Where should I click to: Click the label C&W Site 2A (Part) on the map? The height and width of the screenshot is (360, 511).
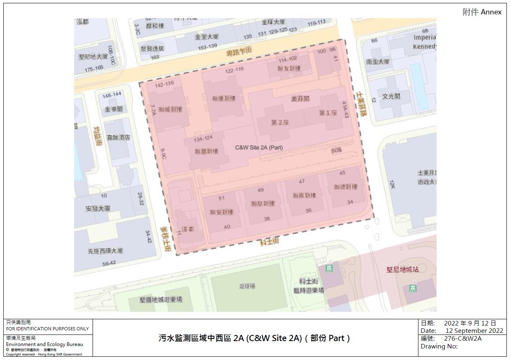pyautogui.click(x=259, y=147)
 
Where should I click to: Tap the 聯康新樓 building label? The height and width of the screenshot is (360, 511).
pyautogui.click(x=224, y=98)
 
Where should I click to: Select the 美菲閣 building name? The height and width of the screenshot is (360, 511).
pyautogui.click(x=300, y=99)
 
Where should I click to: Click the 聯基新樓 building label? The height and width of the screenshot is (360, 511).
pyautogui.click(x=207, y=151)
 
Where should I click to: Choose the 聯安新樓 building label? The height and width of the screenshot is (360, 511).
pyautogui.click(x=221, y=212)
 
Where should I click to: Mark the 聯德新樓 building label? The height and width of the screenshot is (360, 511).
pyautogui.click(x=346, y=187)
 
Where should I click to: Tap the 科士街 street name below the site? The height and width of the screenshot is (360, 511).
pyautogui.click(x=269, y=242)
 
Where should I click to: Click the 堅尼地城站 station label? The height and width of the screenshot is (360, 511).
pyautogui.click(x=402, y=269)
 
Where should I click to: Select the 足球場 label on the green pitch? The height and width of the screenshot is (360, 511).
pyautogui.click(x=247, y=286)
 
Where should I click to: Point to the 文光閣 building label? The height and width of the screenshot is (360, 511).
pyautogui.click(x=391, y=96)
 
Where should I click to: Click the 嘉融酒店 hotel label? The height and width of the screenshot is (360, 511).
pyautogui.click(x=118, y=137)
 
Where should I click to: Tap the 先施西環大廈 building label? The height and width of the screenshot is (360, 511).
pyautogui.click(x=105, y=251)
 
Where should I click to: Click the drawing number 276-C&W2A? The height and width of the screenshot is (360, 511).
pyautogui.click(x=462, y=339)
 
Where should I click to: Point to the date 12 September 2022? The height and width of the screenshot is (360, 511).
pyautogui.click(x=474, y=331)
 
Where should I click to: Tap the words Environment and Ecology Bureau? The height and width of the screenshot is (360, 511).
pyautogui.click(x=44, y=344)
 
